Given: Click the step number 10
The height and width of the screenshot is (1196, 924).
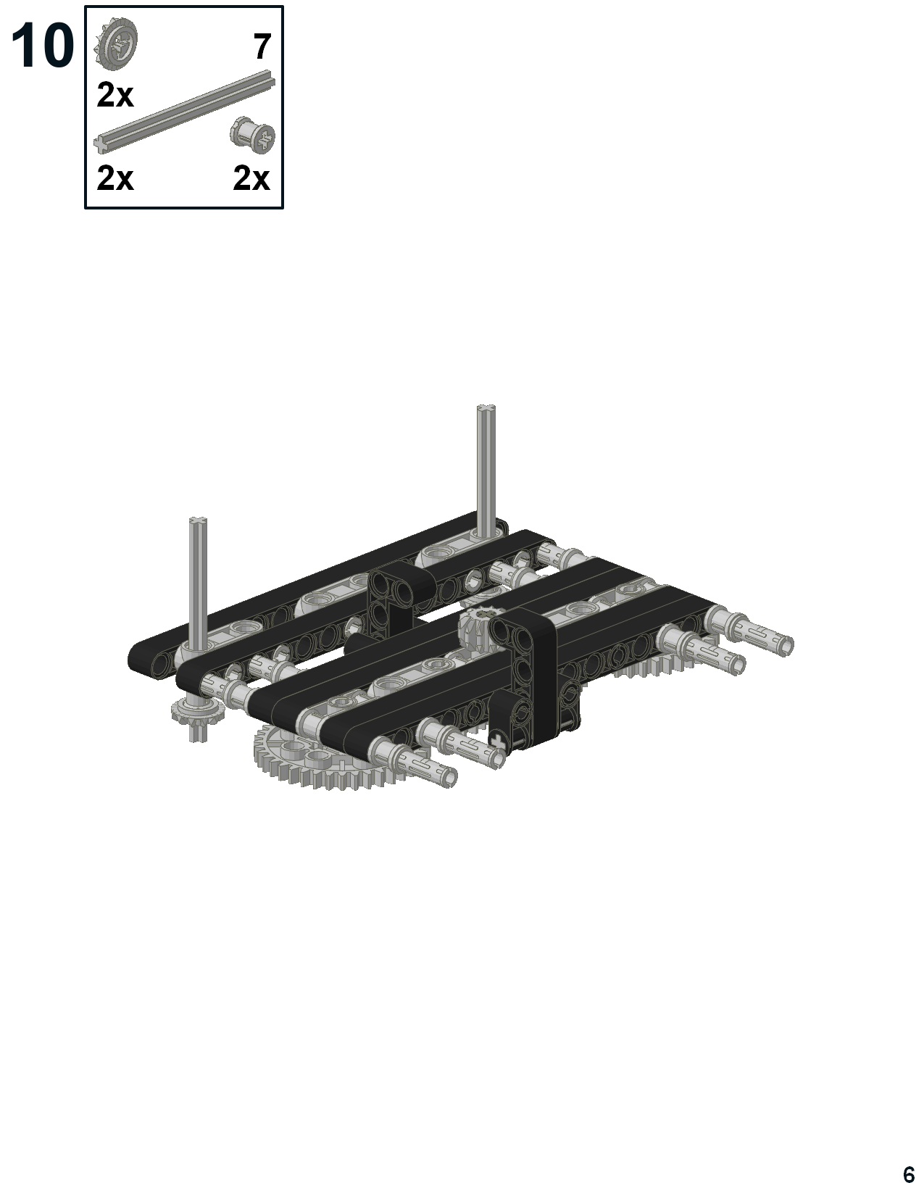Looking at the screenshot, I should (42, 46).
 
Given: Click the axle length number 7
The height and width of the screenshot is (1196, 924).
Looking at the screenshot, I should (262, 48).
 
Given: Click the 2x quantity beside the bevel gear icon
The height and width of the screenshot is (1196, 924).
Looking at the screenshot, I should (115, 95).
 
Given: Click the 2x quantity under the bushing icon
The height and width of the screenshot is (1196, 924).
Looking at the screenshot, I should (251, 178).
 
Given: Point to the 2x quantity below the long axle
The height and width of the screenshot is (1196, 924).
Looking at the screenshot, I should (115, 178).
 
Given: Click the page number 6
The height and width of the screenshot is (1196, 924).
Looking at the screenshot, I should (909, 1174).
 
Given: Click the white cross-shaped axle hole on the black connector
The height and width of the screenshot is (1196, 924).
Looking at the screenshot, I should (499, 740).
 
